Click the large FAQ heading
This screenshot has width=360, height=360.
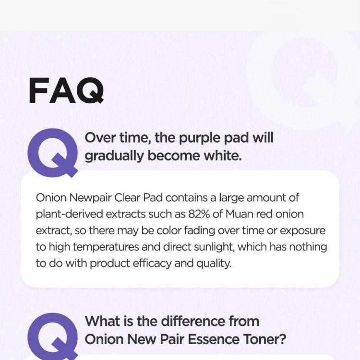click(66, 90)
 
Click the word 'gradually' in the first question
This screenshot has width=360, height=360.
click(114, 156)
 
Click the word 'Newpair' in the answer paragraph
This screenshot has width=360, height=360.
click(90, 198)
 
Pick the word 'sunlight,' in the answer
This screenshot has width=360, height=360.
click(215, 247)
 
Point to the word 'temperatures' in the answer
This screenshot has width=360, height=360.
click(106, 247)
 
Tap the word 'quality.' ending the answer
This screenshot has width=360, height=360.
click(214, 264)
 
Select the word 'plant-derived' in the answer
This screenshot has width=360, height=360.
click(69, 214)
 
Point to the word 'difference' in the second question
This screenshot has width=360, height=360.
click(193, 321)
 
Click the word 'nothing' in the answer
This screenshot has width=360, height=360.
click(308, 247)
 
